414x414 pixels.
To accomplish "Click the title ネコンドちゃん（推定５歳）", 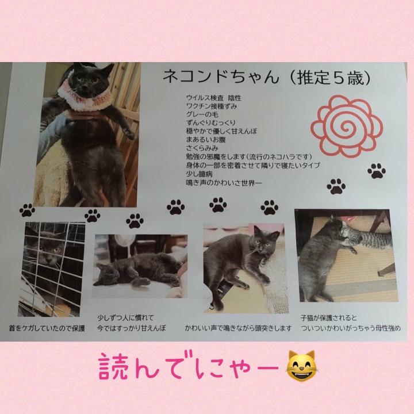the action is [x=267, y=78].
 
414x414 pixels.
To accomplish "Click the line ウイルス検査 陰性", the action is [x=213, y=98].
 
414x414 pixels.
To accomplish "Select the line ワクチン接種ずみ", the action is [x=212, y=106].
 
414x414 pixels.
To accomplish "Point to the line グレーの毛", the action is [x=202, y=114].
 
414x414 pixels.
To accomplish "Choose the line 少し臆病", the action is [x=199, y=174].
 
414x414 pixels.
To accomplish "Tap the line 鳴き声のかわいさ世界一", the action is [x=224, y=183].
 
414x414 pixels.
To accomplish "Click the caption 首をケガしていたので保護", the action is [x=47, y=328].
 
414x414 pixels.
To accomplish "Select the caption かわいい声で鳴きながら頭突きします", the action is [x=238, y=328].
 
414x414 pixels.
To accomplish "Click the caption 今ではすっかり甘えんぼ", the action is [x=131, y=328].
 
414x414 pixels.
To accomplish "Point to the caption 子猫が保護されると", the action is [x=329, y=317].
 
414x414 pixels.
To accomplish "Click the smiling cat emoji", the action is [x=301, y=366].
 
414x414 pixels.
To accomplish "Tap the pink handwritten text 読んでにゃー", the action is [x=189, y=366].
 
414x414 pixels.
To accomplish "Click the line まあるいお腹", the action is [x=206, y=140].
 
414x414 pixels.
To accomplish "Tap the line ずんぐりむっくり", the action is [x=210, y=123].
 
